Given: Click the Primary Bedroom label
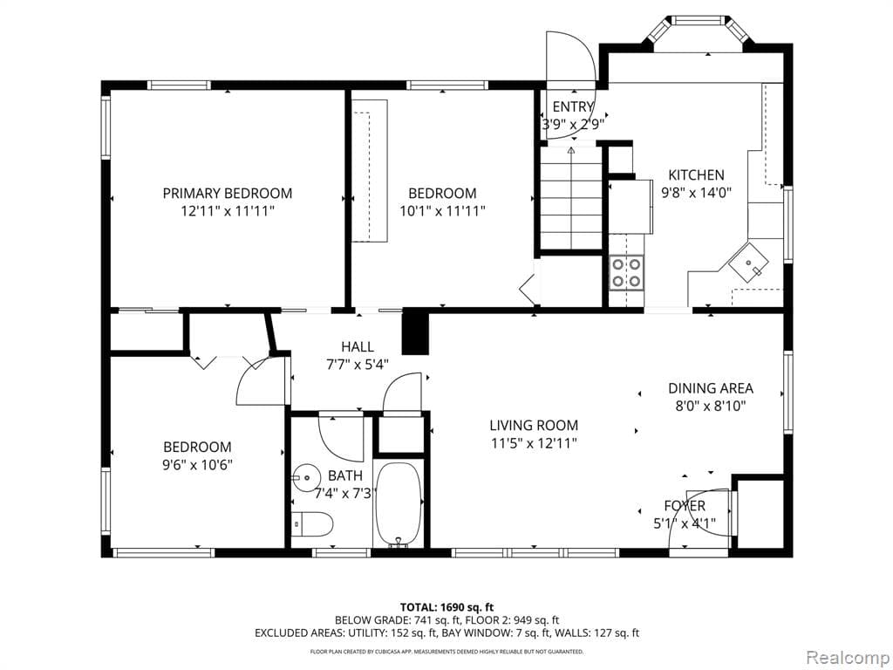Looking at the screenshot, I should pyautogui.click(x=227, y=193).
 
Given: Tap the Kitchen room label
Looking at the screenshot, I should pyautogui.click(x=696, y=174).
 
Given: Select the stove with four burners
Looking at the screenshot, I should pyautogui.click(x=626, y=271).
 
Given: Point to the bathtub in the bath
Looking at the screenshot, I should pyautogui.click(x=399, y=504).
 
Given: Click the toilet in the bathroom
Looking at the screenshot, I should pyautogui.click(x=314, y=525).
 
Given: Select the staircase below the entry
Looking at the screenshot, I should pyautogui.click(x=570, y=198).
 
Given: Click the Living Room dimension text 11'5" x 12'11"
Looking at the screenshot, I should pyautogui.click(x=533, y=443).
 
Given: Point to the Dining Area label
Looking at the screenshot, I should pyautogui.click(x=710, y=388).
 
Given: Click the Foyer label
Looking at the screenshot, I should pyautogui.click(x=685, y=506).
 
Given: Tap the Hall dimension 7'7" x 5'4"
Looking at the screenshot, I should pyautogui.click(x=358, y=365).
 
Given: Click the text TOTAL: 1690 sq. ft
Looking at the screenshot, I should pyautogui.click(x=446, y=606).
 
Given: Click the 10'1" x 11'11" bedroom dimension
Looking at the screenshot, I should pyautogui.click(x=442, y=210).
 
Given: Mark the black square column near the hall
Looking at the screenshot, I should pyautogui.click(x=415, y=332).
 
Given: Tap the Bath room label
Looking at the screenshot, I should pyautogui.click(x=344, y=475).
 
